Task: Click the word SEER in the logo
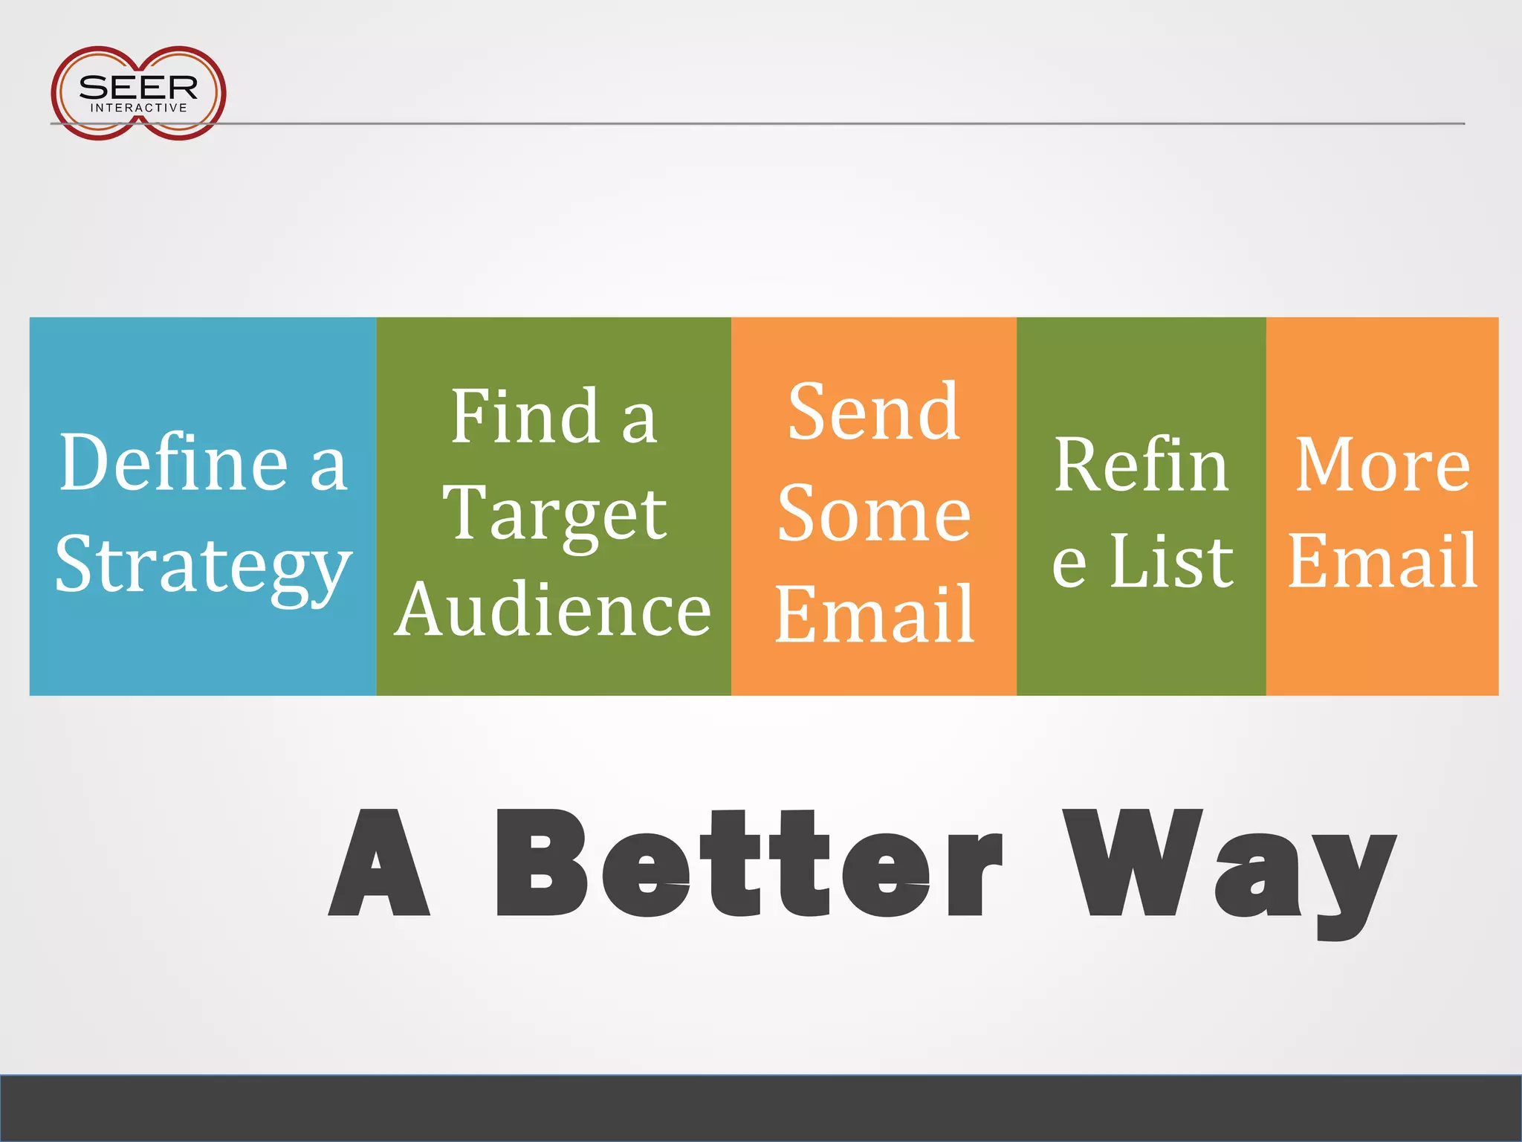[x=138, y=87]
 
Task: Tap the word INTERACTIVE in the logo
[x=138, y=108]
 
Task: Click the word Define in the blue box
[x=173, y=463]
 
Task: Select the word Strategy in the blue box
[x=203, y=565]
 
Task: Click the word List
[x=1171, y=561]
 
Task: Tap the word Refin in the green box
[x=1141, y=465]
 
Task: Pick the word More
[x=1382, y=465]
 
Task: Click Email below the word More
[x=1382, y=561]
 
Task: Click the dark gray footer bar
[x=761, y=1108]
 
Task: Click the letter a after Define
[x=328, y=468]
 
